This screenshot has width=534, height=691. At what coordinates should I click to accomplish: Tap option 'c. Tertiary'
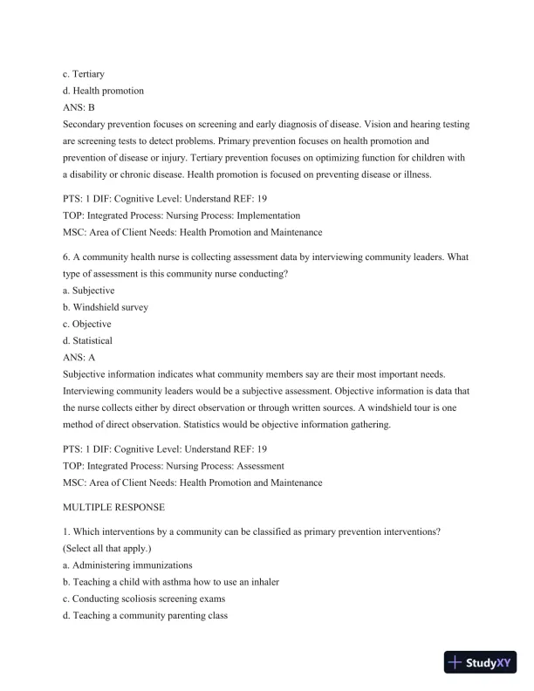[x=83, y=74]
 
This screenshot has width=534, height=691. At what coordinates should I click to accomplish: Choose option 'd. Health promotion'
[x=103, y=91]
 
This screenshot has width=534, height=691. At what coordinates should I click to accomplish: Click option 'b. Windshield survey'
[x=106, y=307]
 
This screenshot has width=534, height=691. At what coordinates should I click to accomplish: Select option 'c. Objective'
[x=87, y=324]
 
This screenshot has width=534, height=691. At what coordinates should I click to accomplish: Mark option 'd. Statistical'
[x=87, y=340]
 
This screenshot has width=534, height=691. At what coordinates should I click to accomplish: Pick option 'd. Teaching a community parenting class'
[x=145, y=615]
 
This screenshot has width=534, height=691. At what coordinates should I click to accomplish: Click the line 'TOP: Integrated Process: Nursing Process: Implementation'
[x=175, y=216]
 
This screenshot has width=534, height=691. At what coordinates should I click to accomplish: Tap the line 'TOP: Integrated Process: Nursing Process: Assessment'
[x=167, y=465]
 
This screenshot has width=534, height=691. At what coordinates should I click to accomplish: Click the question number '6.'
[x=67, y=257]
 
